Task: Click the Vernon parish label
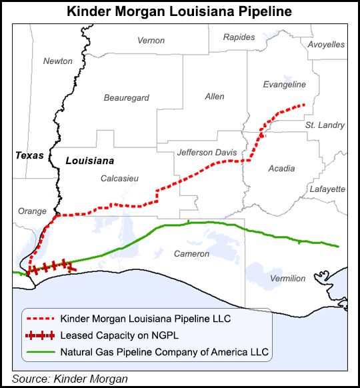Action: (151, 41)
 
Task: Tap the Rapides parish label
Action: (239, 37)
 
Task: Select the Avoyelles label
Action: (326, 45)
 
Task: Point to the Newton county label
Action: (58, 61)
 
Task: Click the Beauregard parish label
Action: (126, 98)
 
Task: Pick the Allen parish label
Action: (215, 97)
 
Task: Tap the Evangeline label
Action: (285, 85)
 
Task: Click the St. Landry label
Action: (325, 125)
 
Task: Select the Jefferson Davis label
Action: (207, 153)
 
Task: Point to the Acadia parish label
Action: (281, 169)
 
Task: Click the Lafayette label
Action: (327, 189)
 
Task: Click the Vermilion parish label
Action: (287, 278)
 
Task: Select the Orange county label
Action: (32, 211)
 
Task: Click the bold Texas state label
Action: (29, 156)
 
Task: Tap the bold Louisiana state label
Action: (90, 161)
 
